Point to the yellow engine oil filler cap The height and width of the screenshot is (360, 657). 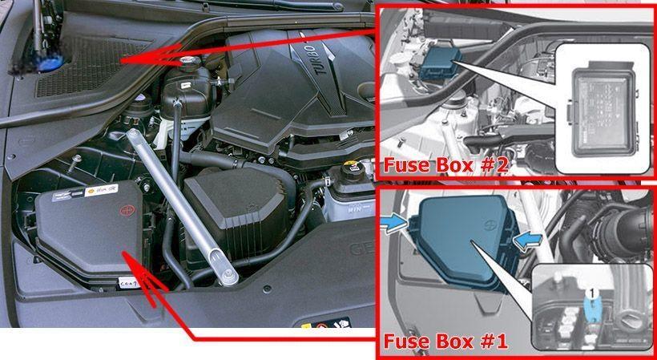pyautogui.click(x=349, y=170)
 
